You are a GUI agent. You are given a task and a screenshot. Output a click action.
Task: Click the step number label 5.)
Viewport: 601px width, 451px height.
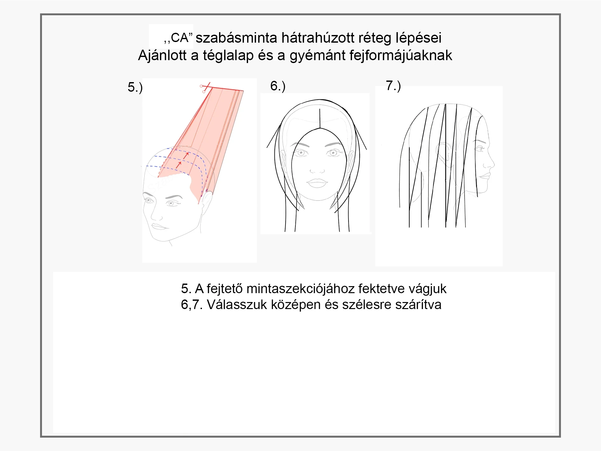135,87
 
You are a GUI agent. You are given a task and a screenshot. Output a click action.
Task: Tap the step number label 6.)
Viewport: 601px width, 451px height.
278,86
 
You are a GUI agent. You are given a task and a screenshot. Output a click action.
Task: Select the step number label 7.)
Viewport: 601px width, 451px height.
393,85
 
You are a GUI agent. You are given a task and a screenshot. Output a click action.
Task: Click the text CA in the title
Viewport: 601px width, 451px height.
180,38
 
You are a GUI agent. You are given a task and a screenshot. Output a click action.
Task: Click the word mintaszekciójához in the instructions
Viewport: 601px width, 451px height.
300,289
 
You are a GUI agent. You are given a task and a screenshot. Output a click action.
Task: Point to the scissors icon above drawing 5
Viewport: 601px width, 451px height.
205,88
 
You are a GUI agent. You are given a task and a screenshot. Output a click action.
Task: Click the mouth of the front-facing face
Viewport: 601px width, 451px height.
317,183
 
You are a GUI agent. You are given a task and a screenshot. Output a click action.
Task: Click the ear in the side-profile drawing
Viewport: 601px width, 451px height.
443,155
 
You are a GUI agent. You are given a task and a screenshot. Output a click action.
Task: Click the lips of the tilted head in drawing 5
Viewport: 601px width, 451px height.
159,226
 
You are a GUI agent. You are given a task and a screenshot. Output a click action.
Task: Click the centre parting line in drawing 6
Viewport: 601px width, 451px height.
320,119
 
